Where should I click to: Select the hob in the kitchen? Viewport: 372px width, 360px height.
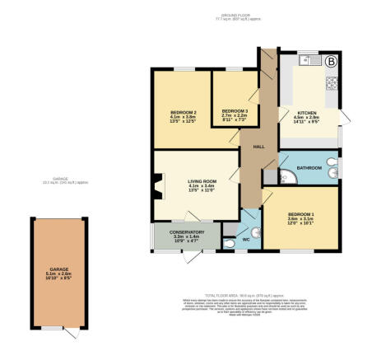(333, 82)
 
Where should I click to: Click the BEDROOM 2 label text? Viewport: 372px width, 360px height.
(183, 111)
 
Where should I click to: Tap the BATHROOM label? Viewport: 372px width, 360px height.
(309, 168)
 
